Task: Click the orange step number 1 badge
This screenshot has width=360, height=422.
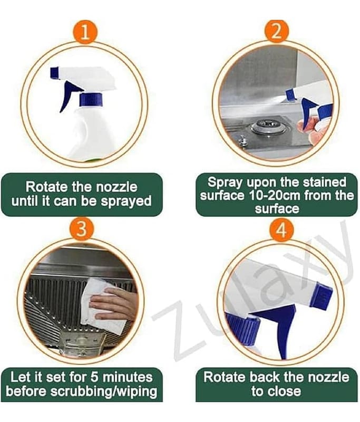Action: coord(85,32)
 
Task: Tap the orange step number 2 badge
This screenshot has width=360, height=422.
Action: coord(277,32)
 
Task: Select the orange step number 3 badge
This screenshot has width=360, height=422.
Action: coord(82,229)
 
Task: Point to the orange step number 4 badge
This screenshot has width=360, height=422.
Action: coord(281,230)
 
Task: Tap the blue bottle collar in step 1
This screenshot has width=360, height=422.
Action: coord(91,99)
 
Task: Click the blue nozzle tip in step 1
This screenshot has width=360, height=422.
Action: coord(55,73)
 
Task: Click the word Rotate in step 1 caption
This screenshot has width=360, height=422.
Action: coord(46,187)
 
